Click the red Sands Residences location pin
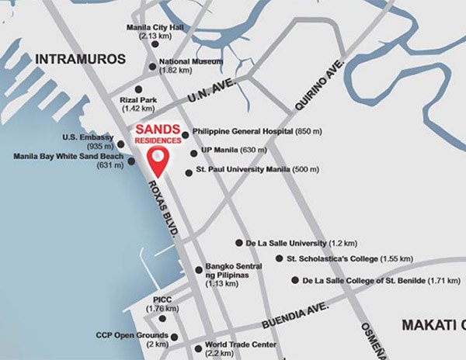(x=159, y=161)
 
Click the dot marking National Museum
(x=152, y=65)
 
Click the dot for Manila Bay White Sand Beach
(x=131, y=161)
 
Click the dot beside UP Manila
(x=193, y=153)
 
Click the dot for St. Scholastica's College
(x=279, y=259)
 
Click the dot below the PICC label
(x=162, y=319)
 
